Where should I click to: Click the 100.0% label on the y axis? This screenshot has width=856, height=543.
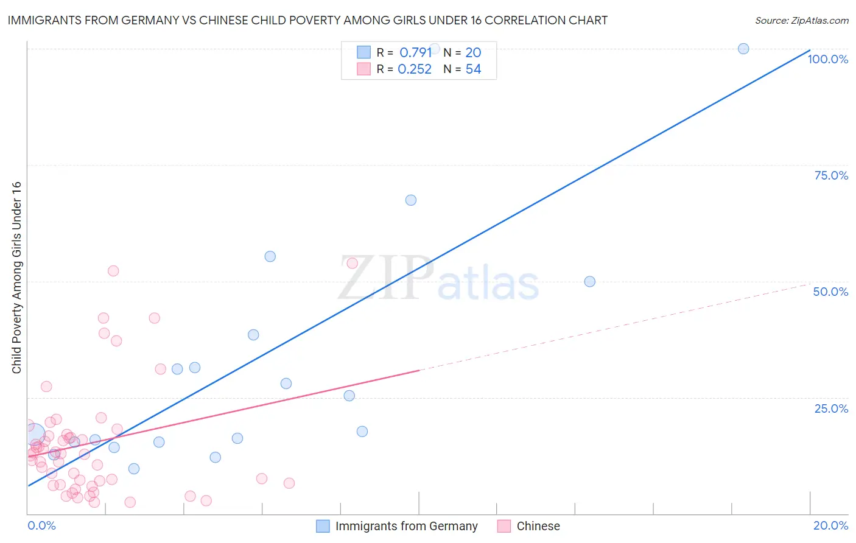click(x=827, y=59)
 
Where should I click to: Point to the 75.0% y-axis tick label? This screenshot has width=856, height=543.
click(x=831, y=175)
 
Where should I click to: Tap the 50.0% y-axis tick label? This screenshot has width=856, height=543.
click(x=830, y=292)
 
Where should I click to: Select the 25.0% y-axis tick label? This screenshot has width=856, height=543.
click(x=831, y=408)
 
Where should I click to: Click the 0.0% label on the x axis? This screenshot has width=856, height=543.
click(x=41, y=525)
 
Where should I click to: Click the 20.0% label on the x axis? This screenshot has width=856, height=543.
click(x=830, y=525)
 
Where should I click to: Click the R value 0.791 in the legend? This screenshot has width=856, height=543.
click(x=415, y=53)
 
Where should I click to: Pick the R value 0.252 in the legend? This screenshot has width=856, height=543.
click(x=415, y=69)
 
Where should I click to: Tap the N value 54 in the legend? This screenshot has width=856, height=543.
click(x=473, y=69)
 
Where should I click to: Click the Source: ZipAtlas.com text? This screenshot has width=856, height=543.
click(x=801, y=21)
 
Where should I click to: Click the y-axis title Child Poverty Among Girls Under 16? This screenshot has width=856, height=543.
click(x=16, y=278)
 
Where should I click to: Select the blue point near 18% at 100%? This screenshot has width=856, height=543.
click(x=743, y=49)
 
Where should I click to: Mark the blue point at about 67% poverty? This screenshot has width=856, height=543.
click(x=411, y=200)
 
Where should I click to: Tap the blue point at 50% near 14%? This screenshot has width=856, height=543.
click(x=589, y=282)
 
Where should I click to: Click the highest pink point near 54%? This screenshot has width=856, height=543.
click(x=352, y=264)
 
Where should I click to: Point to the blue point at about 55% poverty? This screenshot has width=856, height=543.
click(x=270, y=256)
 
